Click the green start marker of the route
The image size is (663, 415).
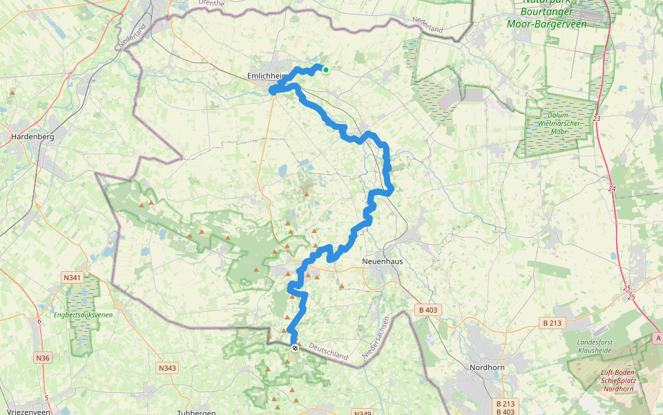click(325, 69)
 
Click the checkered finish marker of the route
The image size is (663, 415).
click(295, 348)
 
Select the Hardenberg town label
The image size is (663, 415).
click(32, 136)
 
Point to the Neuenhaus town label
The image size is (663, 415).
click(383, 261)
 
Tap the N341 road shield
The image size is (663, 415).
click(72, 278)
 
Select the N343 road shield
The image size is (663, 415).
click(166, 368)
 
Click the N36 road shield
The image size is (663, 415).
click(42, 358)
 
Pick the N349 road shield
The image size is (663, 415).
click(363, 413)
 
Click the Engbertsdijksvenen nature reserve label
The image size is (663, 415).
click(83, 315)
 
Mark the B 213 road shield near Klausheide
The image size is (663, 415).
click(553, 323)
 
